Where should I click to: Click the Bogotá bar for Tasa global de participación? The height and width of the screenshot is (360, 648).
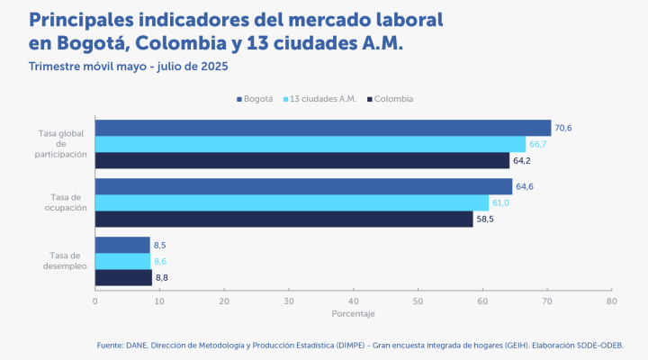322,128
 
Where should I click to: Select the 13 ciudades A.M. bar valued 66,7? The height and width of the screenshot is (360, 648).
310,144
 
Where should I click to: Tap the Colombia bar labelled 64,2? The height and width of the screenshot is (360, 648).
301,160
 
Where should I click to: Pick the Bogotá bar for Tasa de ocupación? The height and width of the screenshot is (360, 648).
303,186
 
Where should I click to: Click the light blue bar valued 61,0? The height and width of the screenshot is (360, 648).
292,202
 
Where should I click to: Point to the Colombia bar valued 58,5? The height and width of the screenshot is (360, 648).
283,219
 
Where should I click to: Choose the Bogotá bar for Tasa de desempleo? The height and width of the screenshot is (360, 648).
122,245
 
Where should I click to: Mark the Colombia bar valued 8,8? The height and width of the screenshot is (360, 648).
123,277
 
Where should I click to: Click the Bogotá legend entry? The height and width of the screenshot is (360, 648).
256,98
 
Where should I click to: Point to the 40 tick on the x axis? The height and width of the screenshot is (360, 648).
353,301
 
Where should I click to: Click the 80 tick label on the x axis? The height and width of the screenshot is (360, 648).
611,301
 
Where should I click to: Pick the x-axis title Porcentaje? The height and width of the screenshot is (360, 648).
353,313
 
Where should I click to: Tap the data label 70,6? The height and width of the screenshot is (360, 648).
563,128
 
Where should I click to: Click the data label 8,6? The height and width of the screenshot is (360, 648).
160,261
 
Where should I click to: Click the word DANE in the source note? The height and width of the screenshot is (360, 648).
136,345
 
